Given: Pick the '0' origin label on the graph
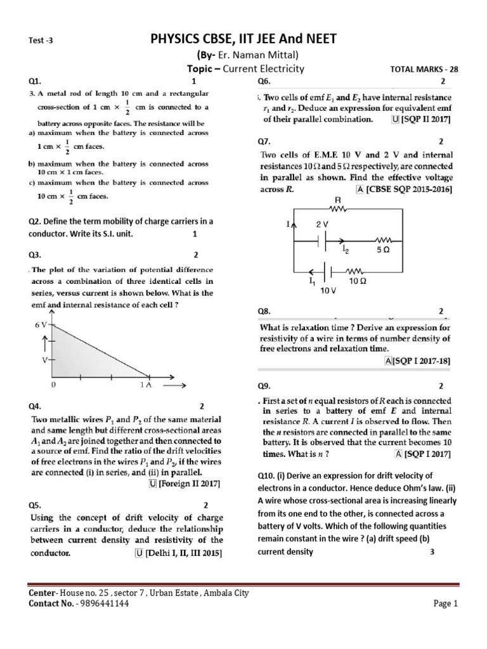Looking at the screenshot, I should pyautogui.click(x=55, y=385).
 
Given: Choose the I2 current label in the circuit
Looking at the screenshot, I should pyautogui.click(x=345, y=251).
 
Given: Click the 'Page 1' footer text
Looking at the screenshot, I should pyautogui.click(x=445, y=604).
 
